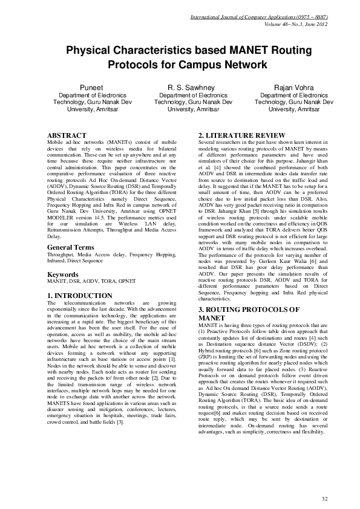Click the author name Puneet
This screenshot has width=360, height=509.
pos(88,88)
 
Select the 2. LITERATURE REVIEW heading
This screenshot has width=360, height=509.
pos(241,134)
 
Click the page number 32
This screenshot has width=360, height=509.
pos(324,498)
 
